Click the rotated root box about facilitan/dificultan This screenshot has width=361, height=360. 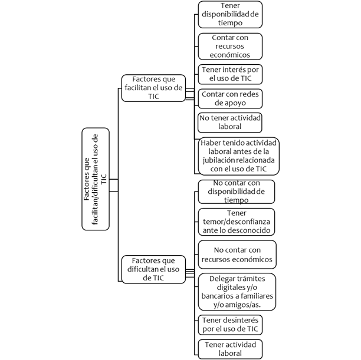click(x=96, y=179)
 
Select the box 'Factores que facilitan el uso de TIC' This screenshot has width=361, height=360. click(x=153, y=88)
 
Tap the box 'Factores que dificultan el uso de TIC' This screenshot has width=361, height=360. click(x=153, y=269)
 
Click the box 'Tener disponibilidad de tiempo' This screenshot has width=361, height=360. click(x=230, y=15)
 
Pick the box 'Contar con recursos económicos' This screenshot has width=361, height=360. click(x=230, y=47)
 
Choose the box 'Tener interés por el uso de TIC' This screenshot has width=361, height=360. click(x=230, y=74)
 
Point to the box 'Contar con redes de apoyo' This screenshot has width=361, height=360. click(x=230, y=98)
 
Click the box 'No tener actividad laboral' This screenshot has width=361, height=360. click(x=230, y=123)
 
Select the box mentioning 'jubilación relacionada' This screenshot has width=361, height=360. click(x=239, y=156)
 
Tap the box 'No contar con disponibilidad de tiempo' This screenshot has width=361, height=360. click(x=237, y=192)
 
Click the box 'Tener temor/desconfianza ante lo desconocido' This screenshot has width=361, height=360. click(x=237, y=222)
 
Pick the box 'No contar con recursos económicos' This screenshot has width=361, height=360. click(x=237, y=255)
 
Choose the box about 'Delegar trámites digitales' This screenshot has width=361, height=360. click(x=237, y=292)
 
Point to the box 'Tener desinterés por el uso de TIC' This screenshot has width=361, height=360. click(x=230, y=325)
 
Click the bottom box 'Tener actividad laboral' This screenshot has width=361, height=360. click(x=230, y=349)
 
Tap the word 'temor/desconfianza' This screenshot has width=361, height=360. click(x=237, y=222)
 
